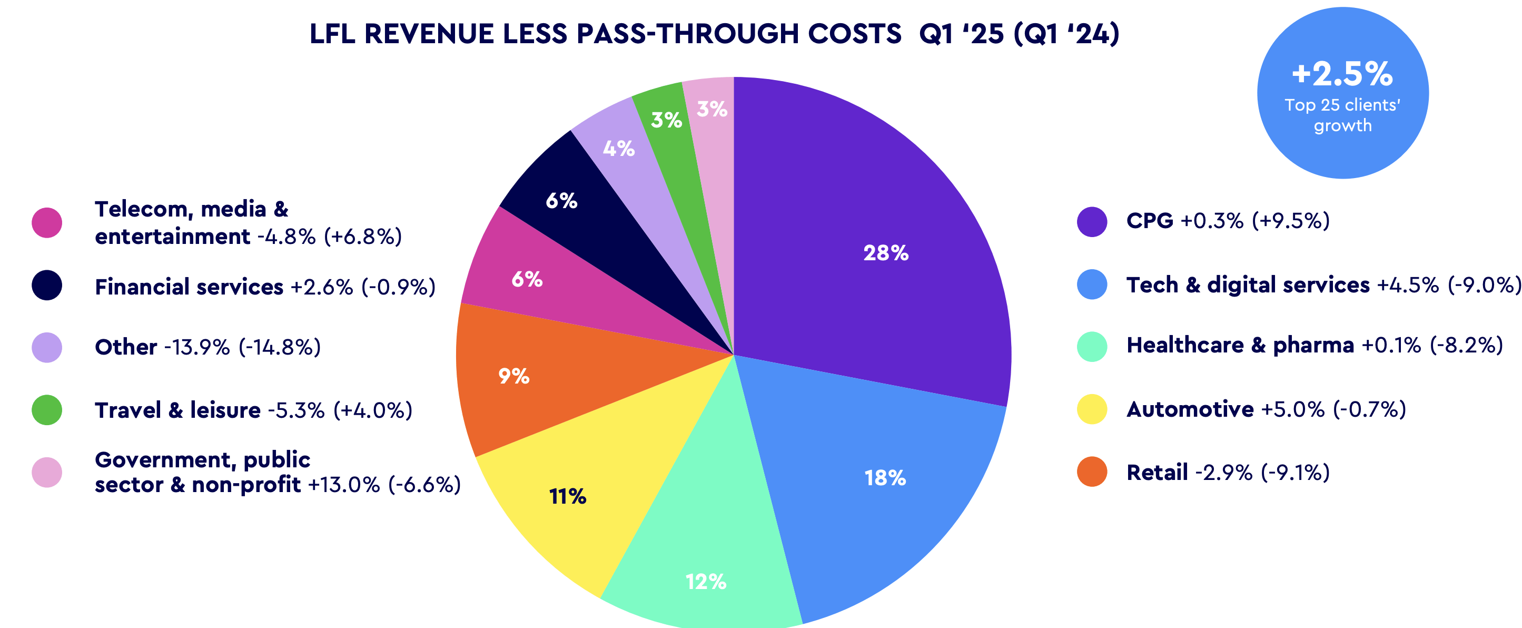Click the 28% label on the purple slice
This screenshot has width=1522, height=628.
click(886, 253)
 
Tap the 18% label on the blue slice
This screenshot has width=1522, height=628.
click(884, 478)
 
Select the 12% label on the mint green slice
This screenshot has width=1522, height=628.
click(706, 582)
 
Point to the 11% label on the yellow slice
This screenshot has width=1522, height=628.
click(567, 497)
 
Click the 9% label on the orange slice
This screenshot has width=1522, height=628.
click(513, 376)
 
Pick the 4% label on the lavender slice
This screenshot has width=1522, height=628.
click(619, 149)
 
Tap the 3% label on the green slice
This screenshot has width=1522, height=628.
click(666, 121)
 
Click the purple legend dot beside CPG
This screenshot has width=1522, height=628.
click(1092, 222)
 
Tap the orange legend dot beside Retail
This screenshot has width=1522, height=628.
click(1092, 472)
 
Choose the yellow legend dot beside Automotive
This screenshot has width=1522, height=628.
click(1092, 409)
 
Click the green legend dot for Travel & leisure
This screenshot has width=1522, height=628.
click(47, 410)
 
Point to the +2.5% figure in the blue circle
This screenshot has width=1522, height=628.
click(1342, 74)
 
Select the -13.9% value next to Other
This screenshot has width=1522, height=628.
click(197, 347)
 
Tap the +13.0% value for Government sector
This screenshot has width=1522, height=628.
click(344, 485)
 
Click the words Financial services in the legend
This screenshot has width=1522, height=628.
click(189, 287)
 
